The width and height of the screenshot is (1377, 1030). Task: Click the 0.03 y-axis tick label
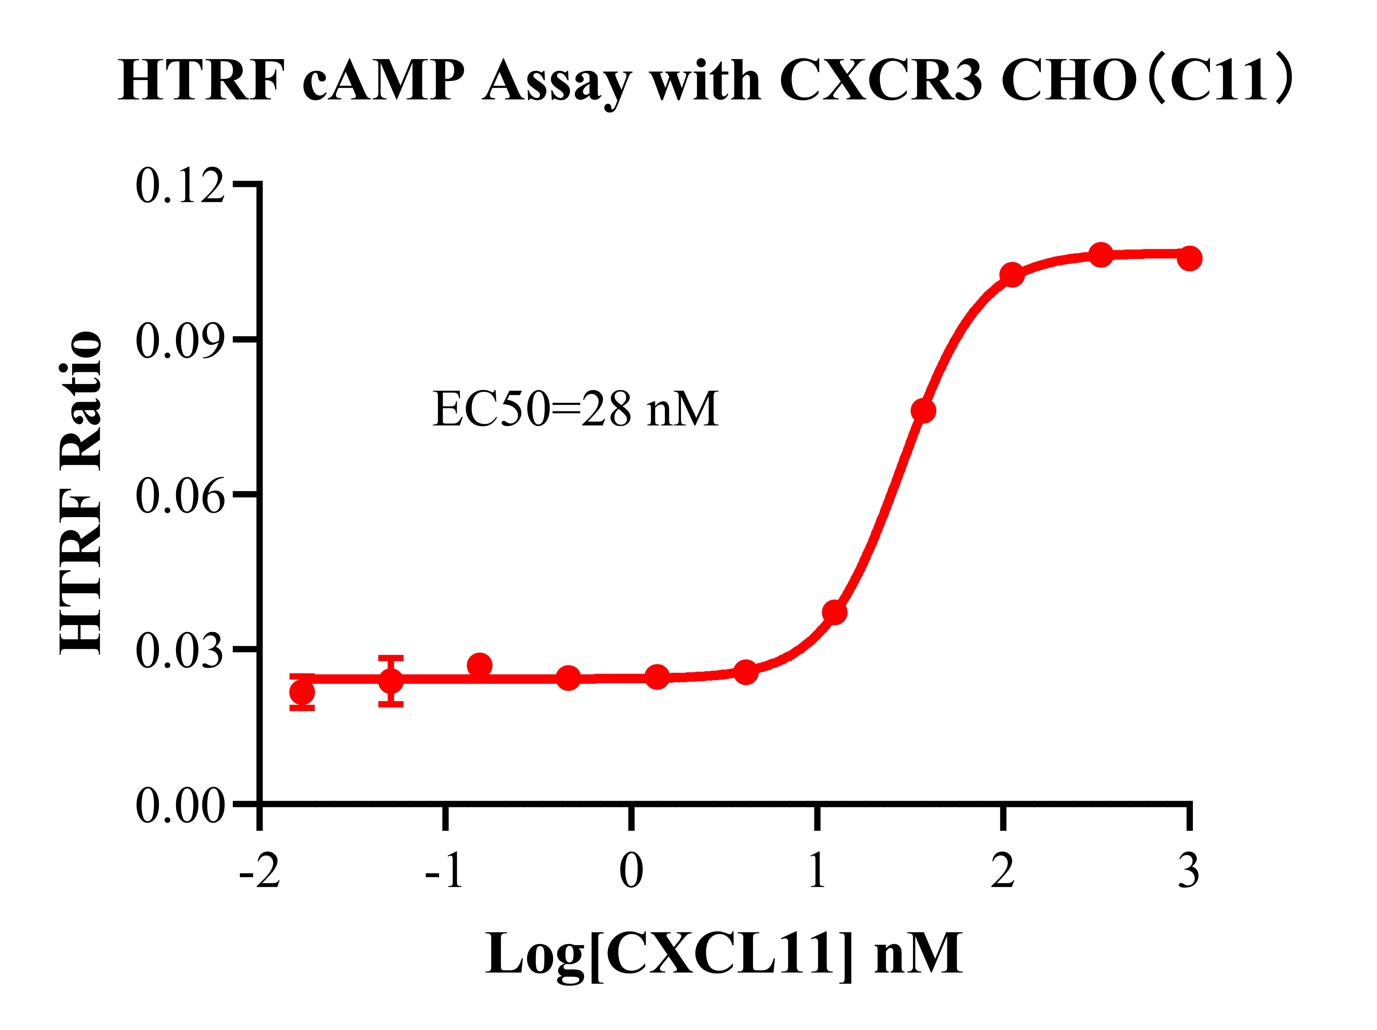(179, 650)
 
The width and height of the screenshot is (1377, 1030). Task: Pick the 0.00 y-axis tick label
(179, 805)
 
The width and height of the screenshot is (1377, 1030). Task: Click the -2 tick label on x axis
(260, 871)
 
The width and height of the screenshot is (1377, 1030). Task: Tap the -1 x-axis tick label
(444, 871)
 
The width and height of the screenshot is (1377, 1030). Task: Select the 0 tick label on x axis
(631, 871)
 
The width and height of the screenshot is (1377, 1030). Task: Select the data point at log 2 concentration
(1012, 274)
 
